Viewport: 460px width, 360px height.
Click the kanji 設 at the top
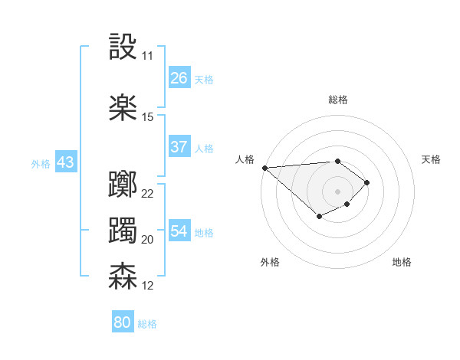point(123,47)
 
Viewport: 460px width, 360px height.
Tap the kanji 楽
point(123,108)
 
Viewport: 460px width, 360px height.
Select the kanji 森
point(123,277)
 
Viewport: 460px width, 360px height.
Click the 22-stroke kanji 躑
point(123,185)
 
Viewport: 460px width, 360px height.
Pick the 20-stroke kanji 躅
point(123,231)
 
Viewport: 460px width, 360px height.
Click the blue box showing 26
point(179,78)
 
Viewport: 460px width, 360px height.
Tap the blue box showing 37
point(179,147)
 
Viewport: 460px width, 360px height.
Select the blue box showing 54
point(179,231)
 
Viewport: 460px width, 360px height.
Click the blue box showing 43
point(65,162)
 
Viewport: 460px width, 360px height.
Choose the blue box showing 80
point(123,322)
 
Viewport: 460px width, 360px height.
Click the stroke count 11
point(147,56)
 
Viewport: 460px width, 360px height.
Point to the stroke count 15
point(147,117)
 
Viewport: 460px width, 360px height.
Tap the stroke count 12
point(147,286)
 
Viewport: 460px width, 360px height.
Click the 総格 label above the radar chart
point(337,100)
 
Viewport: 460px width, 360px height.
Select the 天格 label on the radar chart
point(431,159)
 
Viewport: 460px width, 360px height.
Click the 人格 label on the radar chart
point(245,159)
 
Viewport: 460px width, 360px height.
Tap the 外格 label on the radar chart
point(270,262)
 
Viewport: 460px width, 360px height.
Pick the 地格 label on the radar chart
point(402,262)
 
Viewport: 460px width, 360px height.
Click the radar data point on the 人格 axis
point(264,167)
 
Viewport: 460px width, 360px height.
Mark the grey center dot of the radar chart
point(337,191)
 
